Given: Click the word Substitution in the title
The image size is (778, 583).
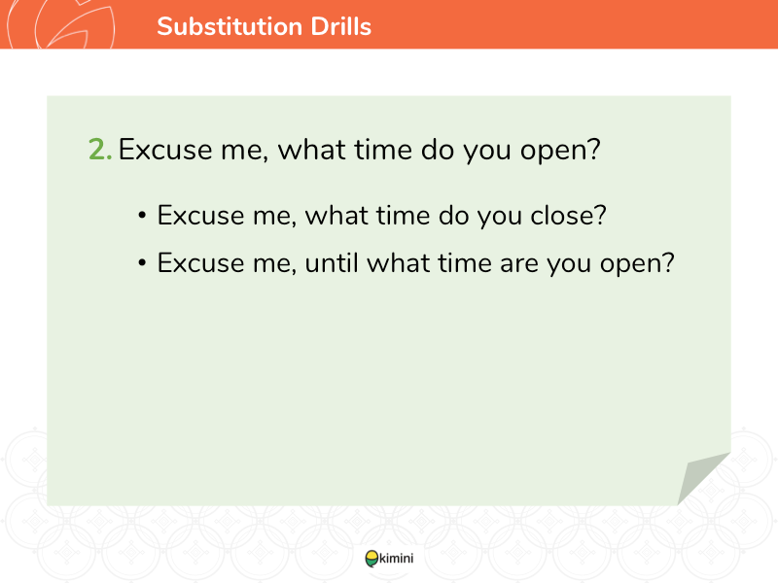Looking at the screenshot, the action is (x=230, y=26).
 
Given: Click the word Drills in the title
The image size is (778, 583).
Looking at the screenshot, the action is (x=341, y=26).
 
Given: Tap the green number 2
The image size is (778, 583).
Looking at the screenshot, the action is (x=100, y=150).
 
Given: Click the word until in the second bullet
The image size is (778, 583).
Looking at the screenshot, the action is (x=332, y=262).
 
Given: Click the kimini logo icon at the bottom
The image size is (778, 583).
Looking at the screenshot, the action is (x=371, y=559).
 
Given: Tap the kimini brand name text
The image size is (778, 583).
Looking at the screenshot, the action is (x=397, y=559).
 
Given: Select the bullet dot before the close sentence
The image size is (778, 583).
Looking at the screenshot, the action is (x=142, y=216).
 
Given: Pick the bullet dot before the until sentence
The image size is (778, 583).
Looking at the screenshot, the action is (x=142, y=262).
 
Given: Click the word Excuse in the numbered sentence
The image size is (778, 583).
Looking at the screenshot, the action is (x=165, y=150).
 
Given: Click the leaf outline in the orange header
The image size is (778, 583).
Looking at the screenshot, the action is (x=75, y=25).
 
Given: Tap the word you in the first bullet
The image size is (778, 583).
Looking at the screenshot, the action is (x=500, y=217).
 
